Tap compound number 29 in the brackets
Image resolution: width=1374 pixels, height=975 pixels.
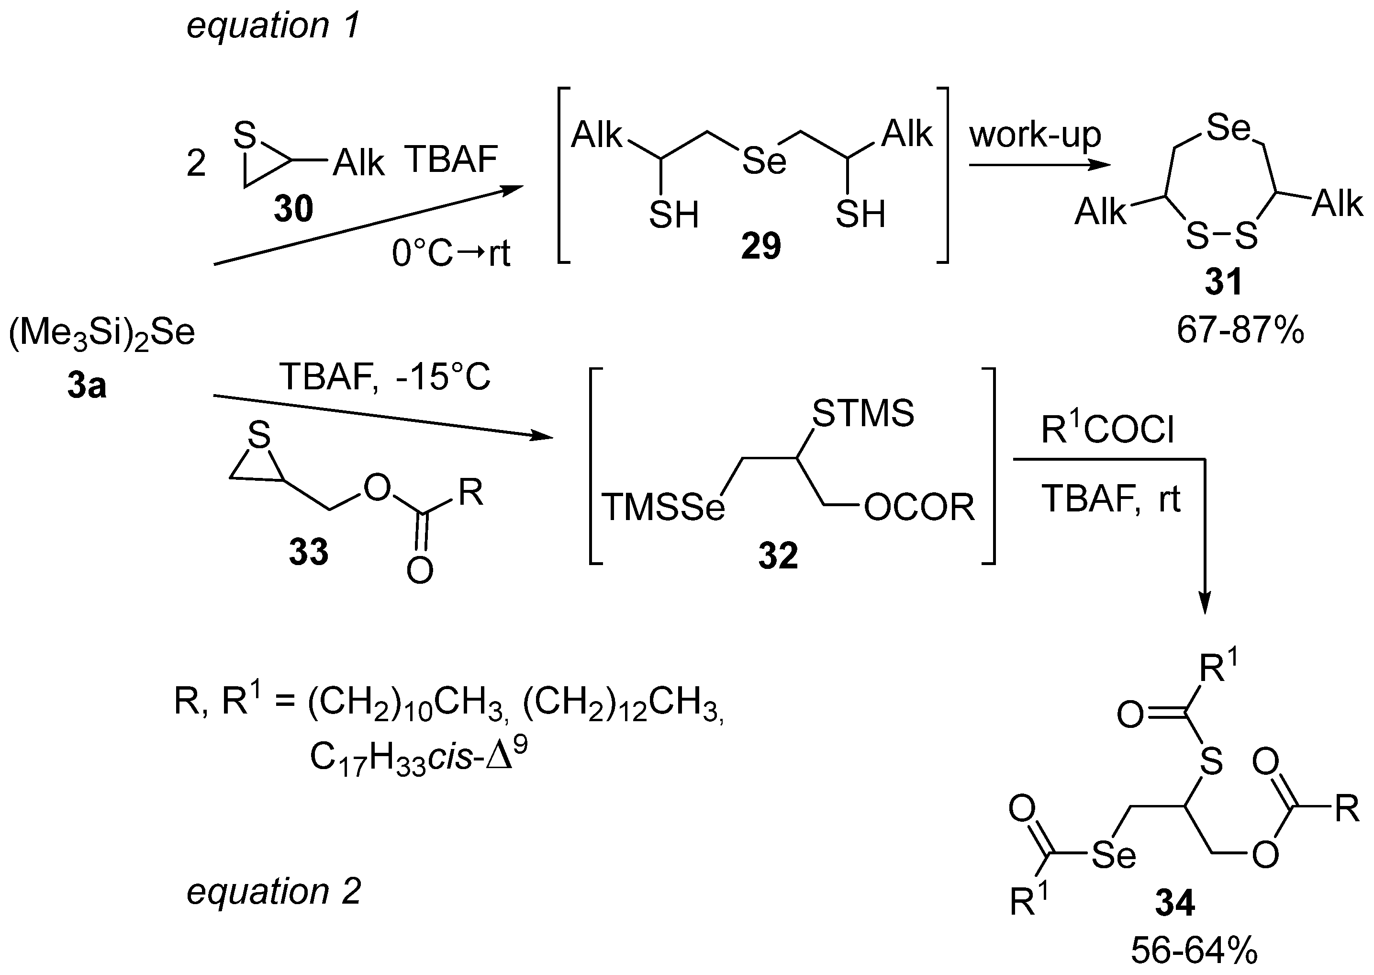[x=761, y=246]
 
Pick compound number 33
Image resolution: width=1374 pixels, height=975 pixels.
[x=308, y=551]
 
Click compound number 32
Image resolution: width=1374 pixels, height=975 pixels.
[x=778, y=556]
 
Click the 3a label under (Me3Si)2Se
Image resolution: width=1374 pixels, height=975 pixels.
[x=87, y=386]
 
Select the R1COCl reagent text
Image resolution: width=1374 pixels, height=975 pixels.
[x=1107, y=431]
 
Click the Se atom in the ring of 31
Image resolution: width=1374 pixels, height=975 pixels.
[x=1228, y=128]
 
